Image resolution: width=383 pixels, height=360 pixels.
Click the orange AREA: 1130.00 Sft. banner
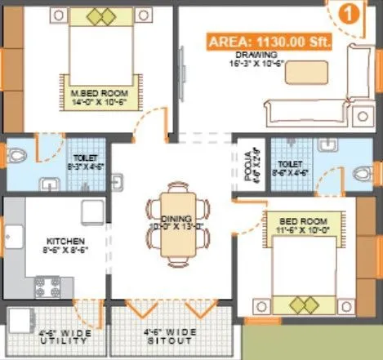[x=269, y=42]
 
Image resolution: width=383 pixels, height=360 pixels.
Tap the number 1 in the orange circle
[x=347, y=13]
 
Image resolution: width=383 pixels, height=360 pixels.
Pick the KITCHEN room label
[x=60, y=240]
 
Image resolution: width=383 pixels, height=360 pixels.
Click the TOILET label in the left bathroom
[x=84, y=158]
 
